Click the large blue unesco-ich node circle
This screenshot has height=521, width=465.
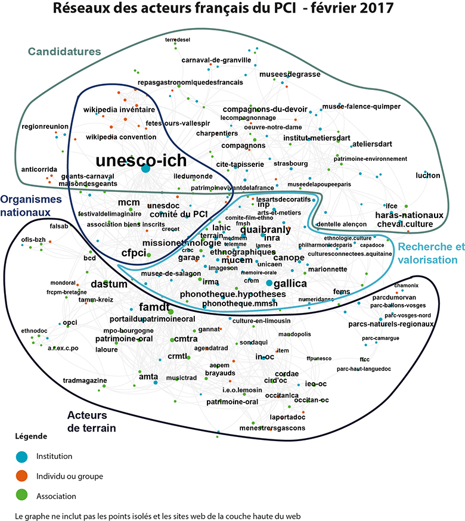[145, 169]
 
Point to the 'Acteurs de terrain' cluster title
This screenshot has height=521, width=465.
[91, 421]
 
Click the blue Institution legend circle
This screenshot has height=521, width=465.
[21, 456]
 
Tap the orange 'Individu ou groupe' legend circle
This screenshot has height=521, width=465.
[21, 476]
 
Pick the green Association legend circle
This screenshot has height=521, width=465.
[21, 495]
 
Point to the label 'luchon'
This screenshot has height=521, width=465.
[428, 176]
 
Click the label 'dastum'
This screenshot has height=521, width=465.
[109, 284]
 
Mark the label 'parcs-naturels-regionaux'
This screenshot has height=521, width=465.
[390, 324]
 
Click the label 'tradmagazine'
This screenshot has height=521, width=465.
[85, 380]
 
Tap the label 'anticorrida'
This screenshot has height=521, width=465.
[39, 169]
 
